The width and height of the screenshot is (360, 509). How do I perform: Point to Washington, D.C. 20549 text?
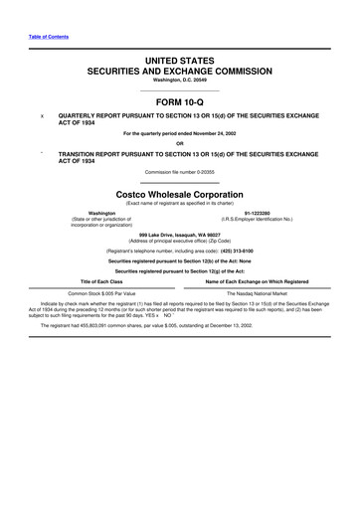tap(180, 80)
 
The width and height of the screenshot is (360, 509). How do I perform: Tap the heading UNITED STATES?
tap(180, 62)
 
